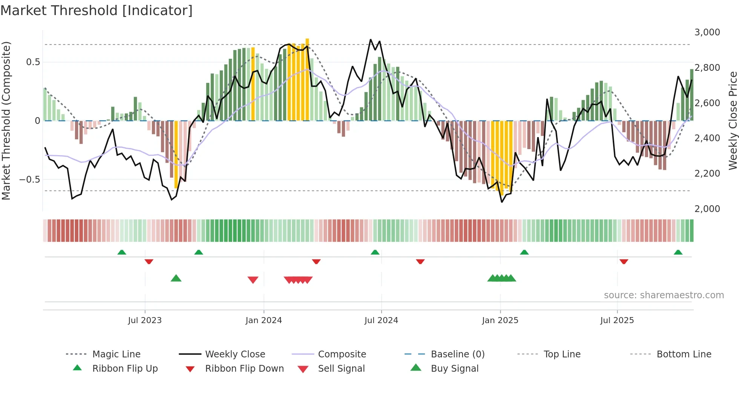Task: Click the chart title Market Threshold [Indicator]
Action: point(97,11)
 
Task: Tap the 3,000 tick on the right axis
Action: point(707,32)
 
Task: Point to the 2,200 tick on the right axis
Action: point(707,174)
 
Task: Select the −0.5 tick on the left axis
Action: point(30,179)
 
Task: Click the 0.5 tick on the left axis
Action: point(33,62)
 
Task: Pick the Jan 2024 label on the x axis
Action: point(264,320)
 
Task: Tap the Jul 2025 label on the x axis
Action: point(617,320)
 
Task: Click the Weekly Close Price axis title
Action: point(733,121)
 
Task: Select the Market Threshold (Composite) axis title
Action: point(6,121)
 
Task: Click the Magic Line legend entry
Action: point(116,354)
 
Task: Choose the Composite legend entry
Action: point(342,354)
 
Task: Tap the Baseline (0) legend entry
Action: point(457,354)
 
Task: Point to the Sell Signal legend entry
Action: point(341,369)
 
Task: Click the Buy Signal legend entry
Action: point(454,369)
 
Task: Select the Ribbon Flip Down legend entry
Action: point(244,369)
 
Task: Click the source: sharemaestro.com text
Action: point(664,295)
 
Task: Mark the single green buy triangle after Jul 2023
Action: point(176,278)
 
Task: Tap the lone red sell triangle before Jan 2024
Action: point(253,280)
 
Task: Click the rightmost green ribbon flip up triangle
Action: point(678,252)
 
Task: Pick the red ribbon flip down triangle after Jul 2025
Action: point(624,261)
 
